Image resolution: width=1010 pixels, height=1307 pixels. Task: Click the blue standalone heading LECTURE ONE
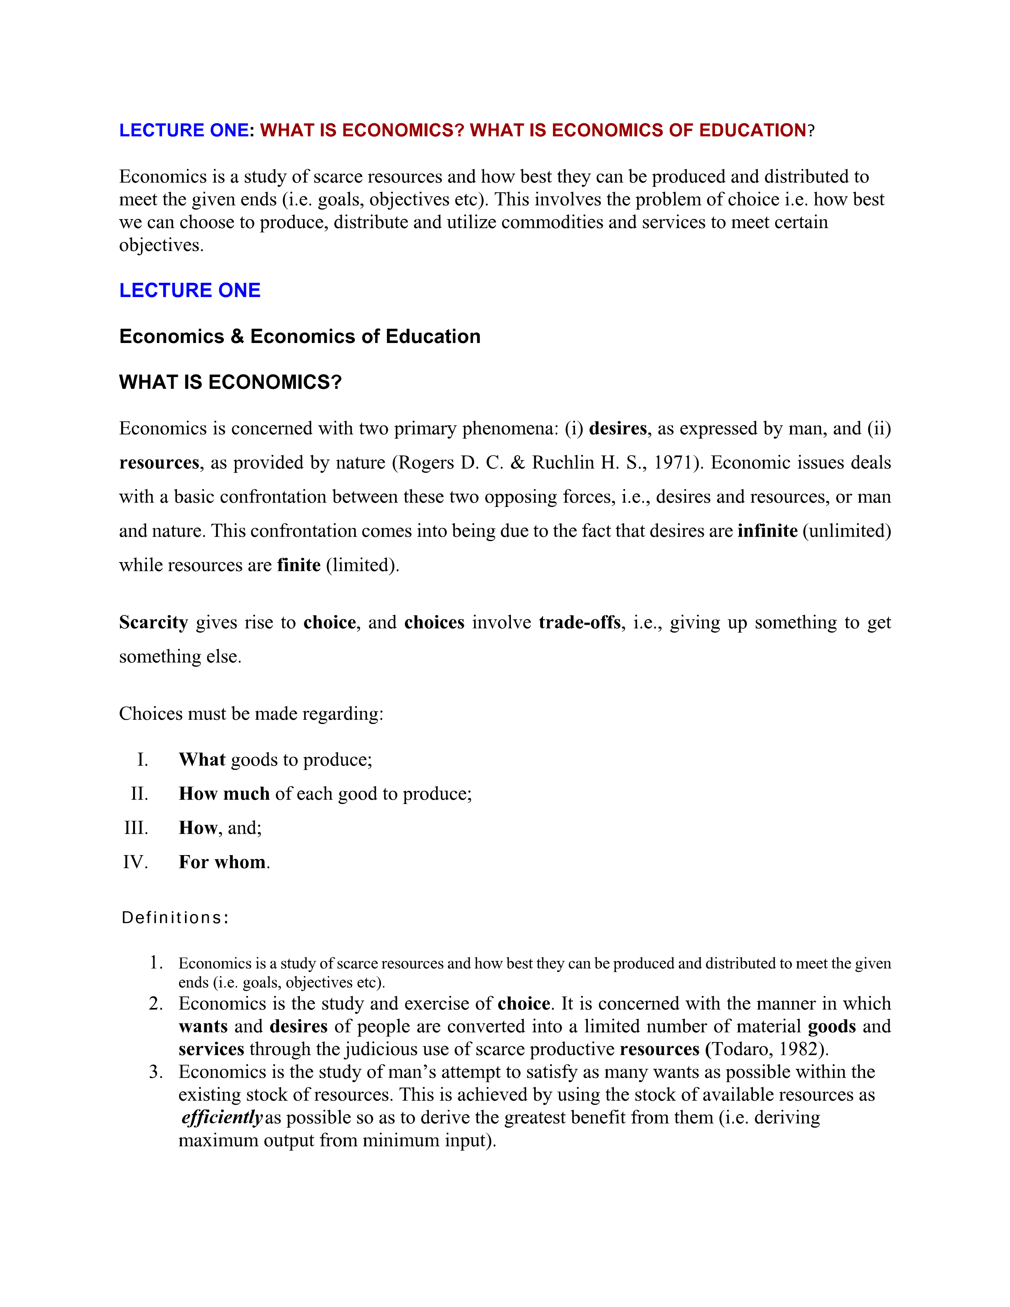click(x=190, y=290)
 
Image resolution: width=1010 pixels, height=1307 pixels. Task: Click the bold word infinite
click(x=767, y=531)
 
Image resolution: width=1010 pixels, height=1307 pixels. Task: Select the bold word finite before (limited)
click(x=299, y=565)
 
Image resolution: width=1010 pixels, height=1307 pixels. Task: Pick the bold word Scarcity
click(x=154, y=622)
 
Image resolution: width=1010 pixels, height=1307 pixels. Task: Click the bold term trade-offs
click(x=579, y=622)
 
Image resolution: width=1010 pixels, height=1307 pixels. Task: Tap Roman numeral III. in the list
click(x=136, y=828)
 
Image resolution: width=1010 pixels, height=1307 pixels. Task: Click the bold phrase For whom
click(x=222, y=862)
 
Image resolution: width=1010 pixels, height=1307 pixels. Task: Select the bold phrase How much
click(x=224, y=794)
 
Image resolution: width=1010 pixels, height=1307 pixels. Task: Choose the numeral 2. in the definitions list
click(x=156, y=1004)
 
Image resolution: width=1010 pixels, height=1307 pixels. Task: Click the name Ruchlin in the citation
click(x=562, y=463)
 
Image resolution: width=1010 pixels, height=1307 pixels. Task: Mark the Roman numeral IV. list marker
click(x=135, y=862)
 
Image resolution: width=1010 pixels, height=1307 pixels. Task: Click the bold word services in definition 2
click(x=211, y=1049)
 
